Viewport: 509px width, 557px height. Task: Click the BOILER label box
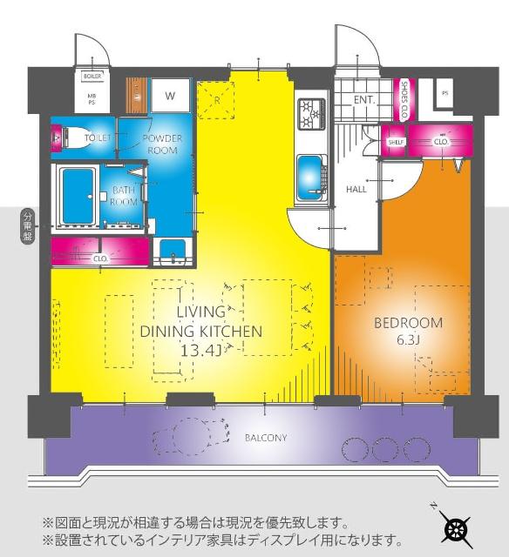tap(92, 77)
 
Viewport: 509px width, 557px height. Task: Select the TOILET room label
tap(97, 138)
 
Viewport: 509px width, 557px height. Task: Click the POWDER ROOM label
tap(161, 144)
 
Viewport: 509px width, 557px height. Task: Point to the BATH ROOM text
tap(124, 195)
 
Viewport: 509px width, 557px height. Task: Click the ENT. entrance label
tap(364, 100)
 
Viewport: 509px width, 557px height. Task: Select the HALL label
tap(356, 189)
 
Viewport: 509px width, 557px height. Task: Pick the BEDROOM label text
tap(408, 323)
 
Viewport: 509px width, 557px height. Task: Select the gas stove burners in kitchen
tap(311, 111)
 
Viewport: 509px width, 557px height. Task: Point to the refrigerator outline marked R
tap(215, 99)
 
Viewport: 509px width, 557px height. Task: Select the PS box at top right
tap(445, 93)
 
